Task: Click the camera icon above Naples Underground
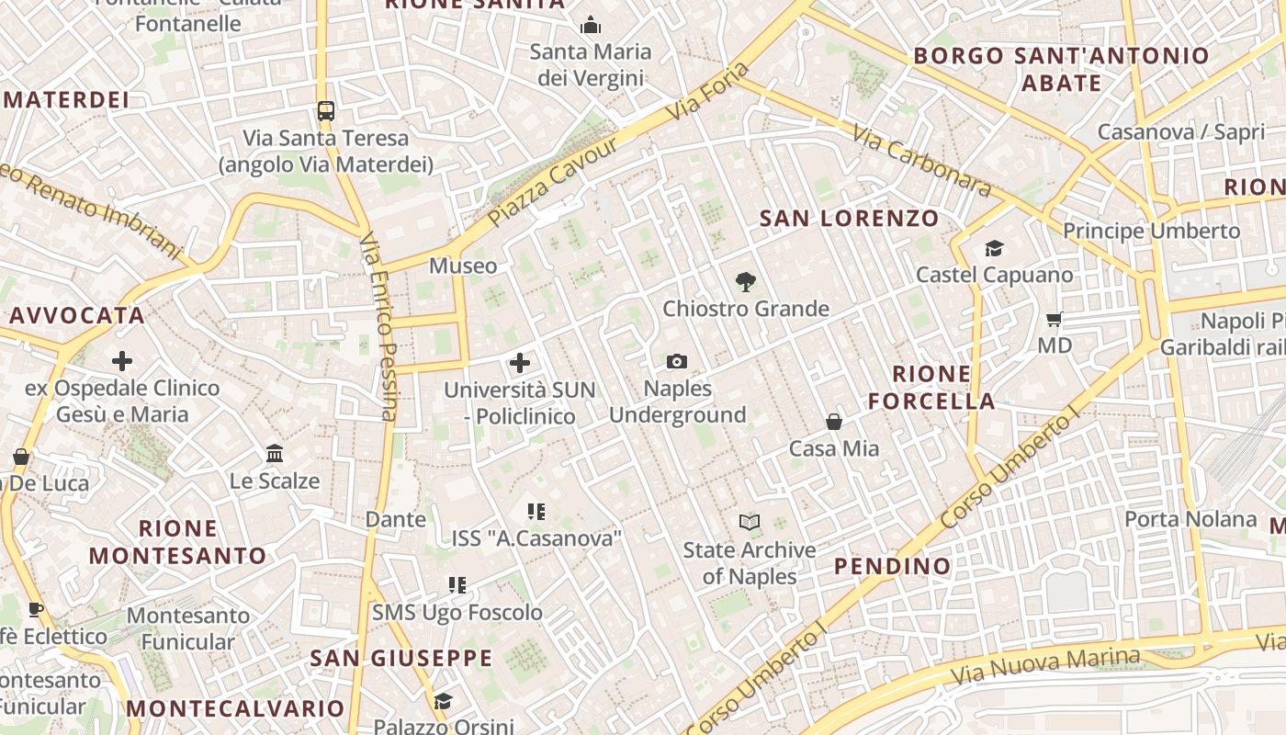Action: [677, 362]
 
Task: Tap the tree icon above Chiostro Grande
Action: [745, 282]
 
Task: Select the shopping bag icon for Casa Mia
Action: [834, 422]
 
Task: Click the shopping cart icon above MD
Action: [1055, 320]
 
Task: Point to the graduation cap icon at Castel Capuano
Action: [994, 248]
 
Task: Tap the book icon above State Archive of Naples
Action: [750, 523]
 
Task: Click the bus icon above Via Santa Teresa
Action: [325, 111]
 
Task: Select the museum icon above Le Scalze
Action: [274, 454]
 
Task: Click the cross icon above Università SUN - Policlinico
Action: [520, 363]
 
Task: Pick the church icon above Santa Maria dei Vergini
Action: [590, 25]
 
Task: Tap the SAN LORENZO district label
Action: [850, 219]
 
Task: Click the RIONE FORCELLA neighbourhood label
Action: [931, 388]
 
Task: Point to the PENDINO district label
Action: [892, 566]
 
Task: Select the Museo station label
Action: [463, 266]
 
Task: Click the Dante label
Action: [396, 519]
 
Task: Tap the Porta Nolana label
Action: [1190, 519]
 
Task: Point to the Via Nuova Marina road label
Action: [1045, 667]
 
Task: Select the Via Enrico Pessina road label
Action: [378, 325]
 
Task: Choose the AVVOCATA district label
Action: [77, 316]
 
